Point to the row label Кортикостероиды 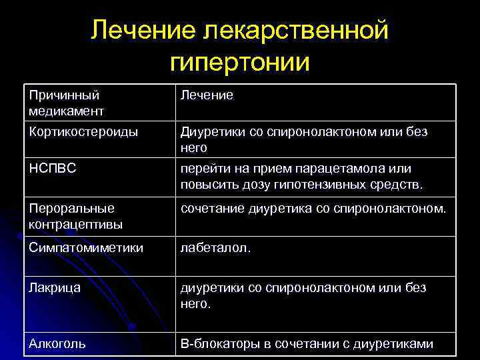point(84,132)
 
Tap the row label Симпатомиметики point(86,248)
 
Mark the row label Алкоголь point(57,344)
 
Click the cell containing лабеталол point(209,248)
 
